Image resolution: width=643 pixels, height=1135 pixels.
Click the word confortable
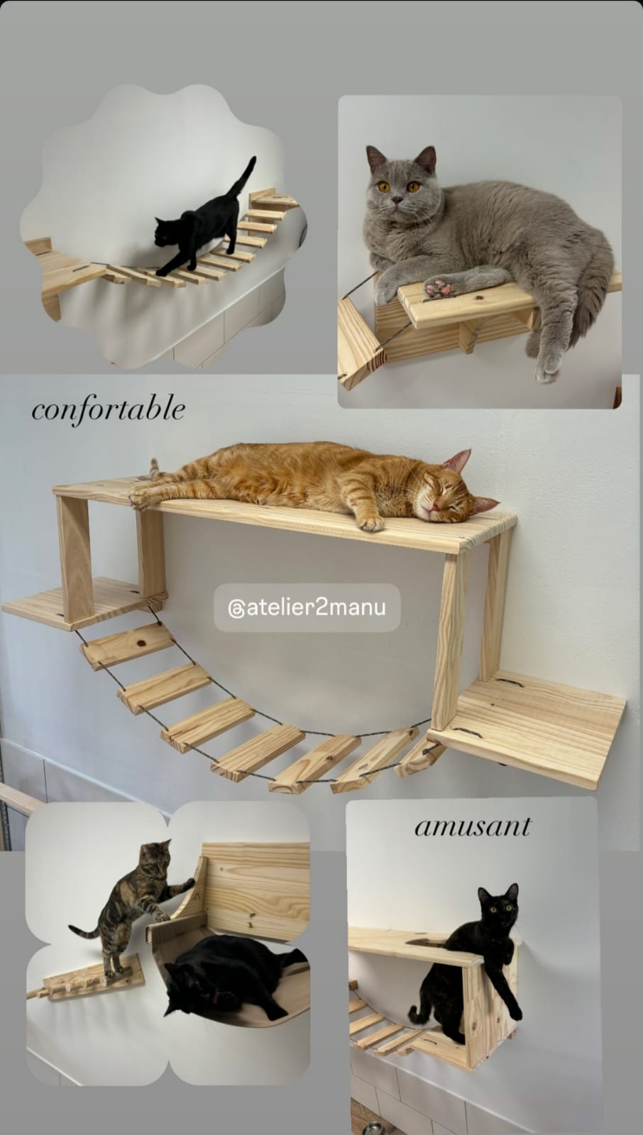point(108,410)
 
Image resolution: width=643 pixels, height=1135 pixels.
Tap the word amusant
point(472,826)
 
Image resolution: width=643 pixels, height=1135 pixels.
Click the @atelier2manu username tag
point(307,608)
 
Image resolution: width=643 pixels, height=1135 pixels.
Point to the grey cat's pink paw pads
point(439,288)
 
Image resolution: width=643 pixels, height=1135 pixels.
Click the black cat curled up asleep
point(224,975)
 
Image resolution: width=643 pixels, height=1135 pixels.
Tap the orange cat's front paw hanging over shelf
point(369,524)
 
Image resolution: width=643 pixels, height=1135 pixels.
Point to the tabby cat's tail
point(85,930)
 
